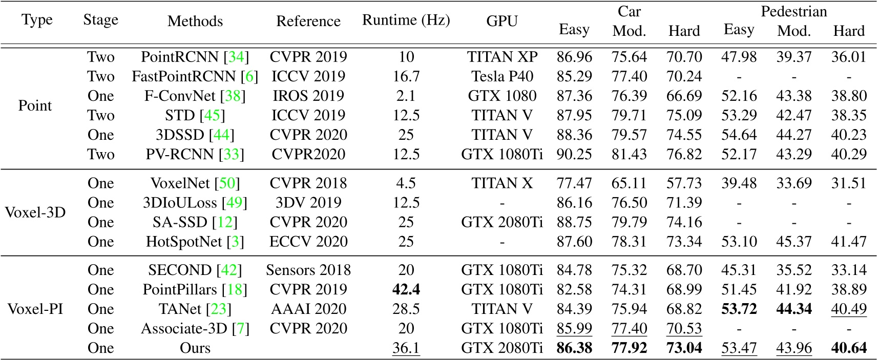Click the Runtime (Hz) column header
pos(406,20)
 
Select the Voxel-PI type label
pos(35,309)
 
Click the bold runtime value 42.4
pos(406,289)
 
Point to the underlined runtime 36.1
pos(406,348)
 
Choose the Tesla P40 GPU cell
pos(502,76)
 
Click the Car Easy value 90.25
pos(574,154)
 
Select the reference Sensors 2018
pos(308,270)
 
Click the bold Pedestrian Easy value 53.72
pos(739,309)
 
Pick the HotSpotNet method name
pos(184,241)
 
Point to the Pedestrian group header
pos(793,11)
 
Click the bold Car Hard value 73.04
pos(684,348)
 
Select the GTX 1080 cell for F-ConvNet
pos(502,96)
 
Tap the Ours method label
pos(195,348)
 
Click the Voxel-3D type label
pos(35,212)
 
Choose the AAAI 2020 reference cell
pos(308,309)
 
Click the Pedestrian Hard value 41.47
pos(848,241)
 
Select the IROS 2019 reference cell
pos(308,96)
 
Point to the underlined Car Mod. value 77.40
pos(629,328)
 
